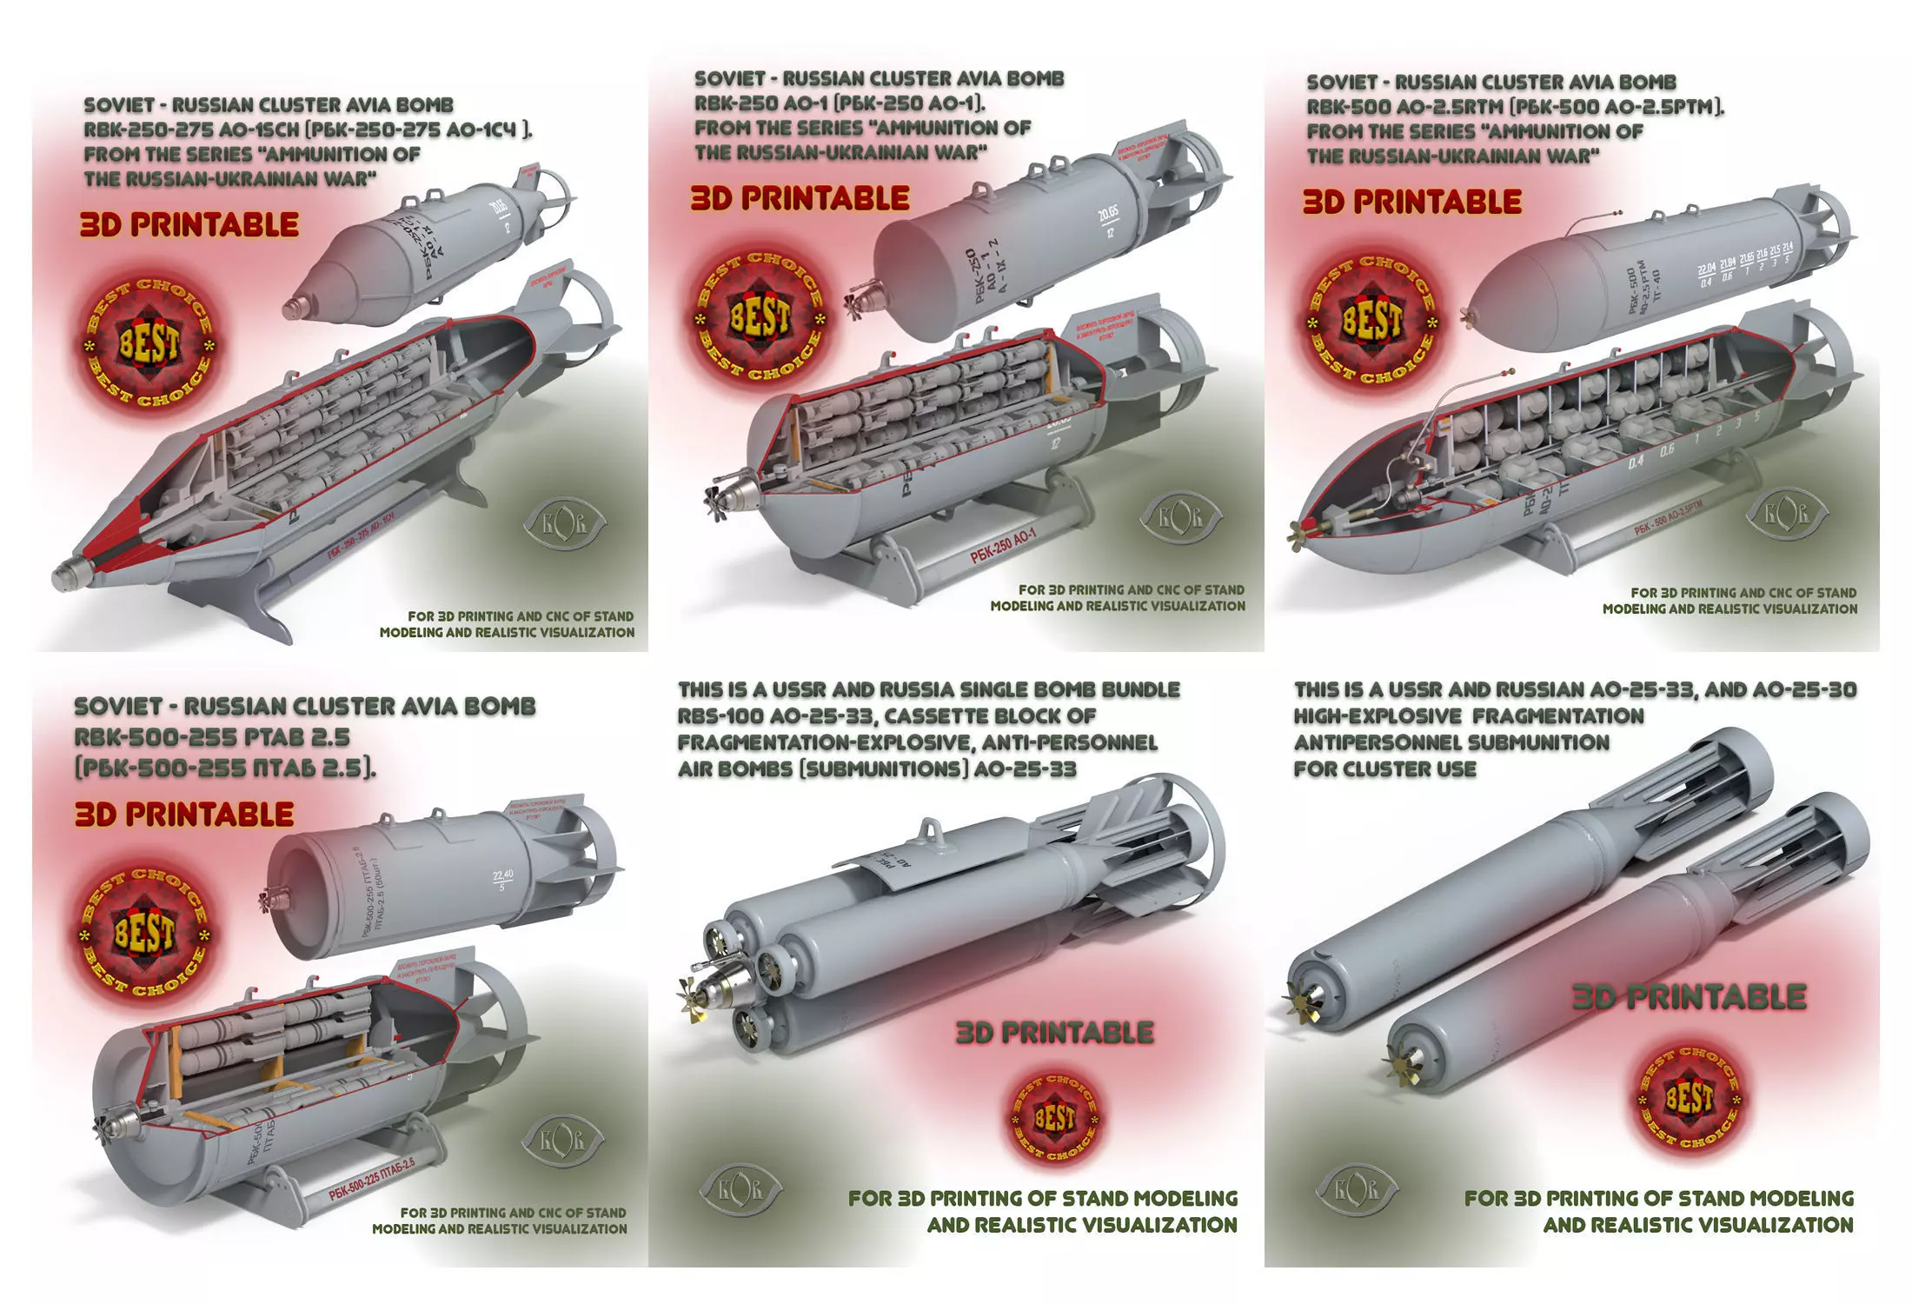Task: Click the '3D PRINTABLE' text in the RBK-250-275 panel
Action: point(189,225)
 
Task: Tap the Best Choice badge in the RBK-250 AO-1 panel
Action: point(760,318)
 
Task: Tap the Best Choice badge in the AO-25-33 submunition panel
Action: point(1689,1100)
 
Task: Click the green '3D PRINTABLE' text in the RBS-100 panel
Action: point(1054,1033)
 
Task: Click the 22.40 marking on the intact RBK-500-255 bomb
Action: point(502,875)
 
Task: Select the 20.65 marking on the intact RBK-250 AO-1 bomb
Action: point(1106,215)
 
